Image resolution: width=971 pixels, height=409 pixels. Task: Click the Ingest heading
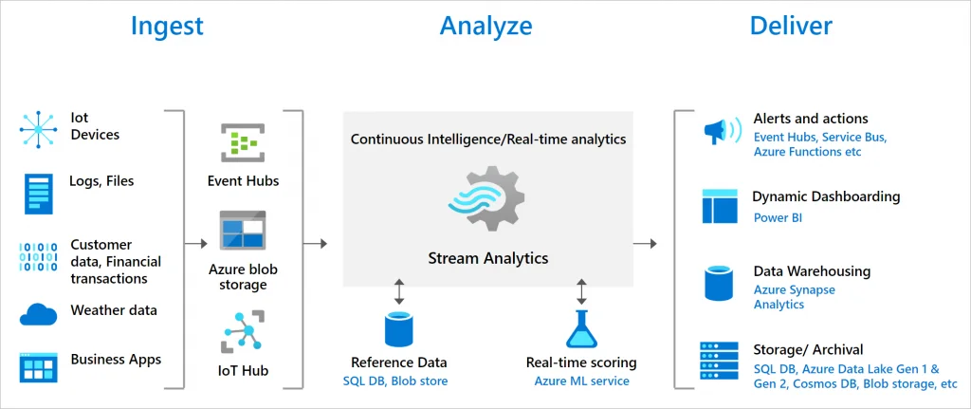(167, 26)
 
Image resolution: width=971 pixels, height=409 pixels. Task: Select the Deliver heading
(791, 26)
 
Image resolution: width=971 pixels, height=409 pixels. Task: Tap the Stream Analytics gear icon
(486, 198)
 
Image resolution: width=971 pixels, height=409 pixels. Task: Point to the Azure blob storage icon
(243, 230)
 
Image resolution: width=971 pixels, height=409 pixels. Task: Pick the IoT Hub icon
(243, 332)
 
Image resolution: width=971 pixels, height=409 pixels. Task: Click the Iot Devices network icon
(38, 129)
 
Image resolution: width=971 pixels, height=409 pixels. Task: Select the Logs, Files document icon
(39, 194)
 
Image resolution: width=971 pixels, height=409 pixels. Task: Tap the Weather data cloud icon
(38, 315)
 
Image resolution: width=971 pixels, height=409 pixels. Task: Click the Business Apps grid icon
(38, 367)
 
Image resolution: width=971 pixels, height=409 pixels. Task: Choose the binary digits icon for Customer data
(38, 256)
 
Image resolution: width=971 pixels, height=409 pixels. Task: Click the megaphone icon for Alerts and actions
(722, 131)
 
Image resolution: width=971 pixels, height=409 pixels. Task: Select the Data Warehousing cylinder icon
(720, 284)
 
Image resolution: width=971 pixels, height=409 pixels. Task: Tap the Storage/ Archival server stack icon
(719, 361)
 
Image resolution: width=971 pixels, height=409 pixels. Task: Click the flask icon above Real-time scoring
(581, 329)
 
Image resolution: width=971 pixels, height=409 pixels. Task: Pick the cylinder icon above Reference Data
(399, 328)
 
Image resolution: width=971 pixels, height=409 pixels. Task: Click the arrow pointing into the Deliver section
(645, 244)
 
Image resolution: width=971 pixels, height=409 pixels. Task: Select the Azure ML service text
(581, 381)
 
